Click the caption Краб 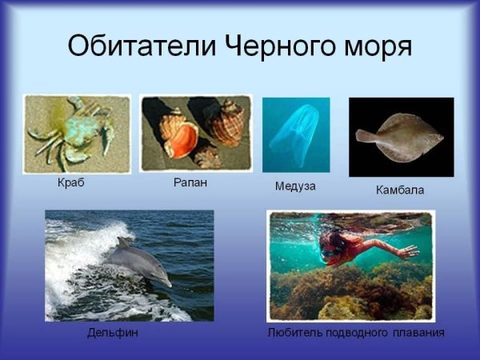[71, 182]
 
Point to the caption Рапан [190, 182]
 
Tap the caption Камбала [399, 190]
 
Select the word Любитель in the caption [291, 332]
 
